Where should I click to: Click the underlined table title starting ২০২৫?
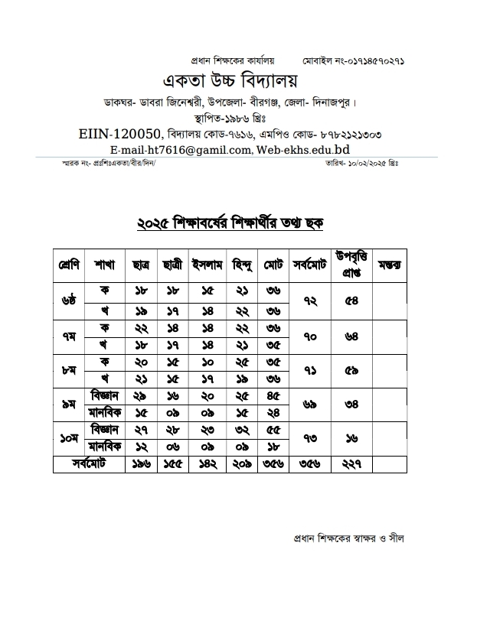coord(230,223)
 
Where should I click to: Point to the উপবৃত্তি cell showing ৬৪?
coord(352,334)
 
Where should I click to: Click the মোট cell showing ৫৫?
coord(273,430)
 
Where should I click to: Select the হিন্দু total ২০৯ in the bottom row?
coord(242,464)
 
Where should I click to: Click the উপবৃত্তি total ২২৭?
coord(352,464)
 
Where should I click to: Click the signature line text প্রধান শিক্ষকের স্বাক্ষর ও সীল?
coord(348,538)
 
